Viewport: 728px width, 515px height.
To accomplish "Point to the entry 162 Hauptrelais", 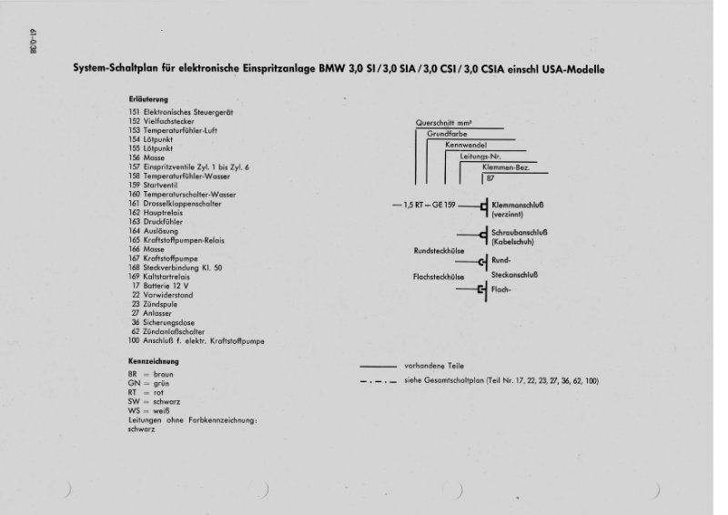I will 161,213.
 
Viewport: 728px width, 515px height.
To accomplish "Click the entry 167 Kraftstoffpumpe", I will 167,259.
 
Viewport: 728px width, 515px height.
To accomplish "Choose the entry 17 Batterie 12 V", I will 164,287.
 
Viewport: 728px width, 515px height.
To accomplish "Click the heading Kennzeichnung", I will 156,361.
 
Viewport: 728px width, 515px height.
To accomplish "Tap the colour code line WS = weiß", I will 149,410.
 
